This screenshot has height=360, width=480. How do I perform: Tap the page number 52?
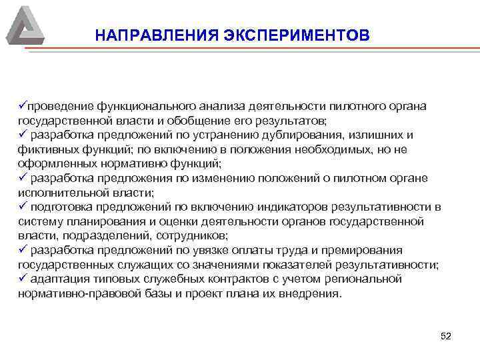pos(446,336)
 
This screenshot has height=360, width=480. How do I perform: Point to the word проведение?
pos(59,107)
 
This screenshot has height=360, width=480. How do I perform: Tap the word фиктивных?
pos(44,149)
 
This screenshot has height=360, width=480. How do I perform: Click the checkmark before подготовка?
pos(22,207)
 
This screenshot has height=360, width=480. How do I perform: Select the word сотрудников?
pos(193,236)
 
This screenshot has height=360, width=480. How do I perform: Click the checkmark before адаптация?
pos(22,279)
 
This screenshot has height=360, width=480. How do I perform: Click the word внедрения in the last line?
pos(311,293)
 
